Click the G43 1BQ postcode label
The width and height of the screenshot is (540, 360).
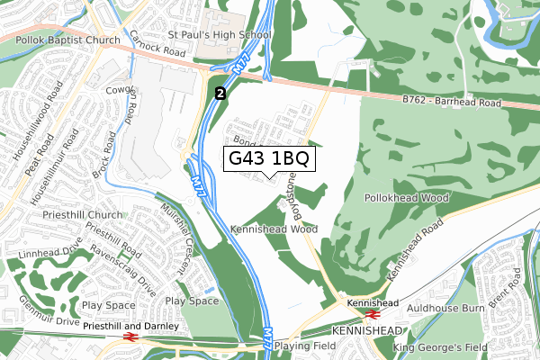pos(270,159)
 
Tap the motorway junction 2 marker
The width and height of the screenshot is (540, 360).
pos(220,92)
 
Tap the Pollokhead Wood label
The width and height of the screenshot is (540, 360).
pos(407,196)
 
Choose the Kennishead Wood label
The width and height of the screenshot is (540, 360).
pos(274,229)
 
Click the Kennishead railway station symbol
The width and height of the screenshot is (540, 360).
pos(369,316)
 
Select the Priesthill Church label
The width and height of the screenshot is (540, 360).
pos(82,215)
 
